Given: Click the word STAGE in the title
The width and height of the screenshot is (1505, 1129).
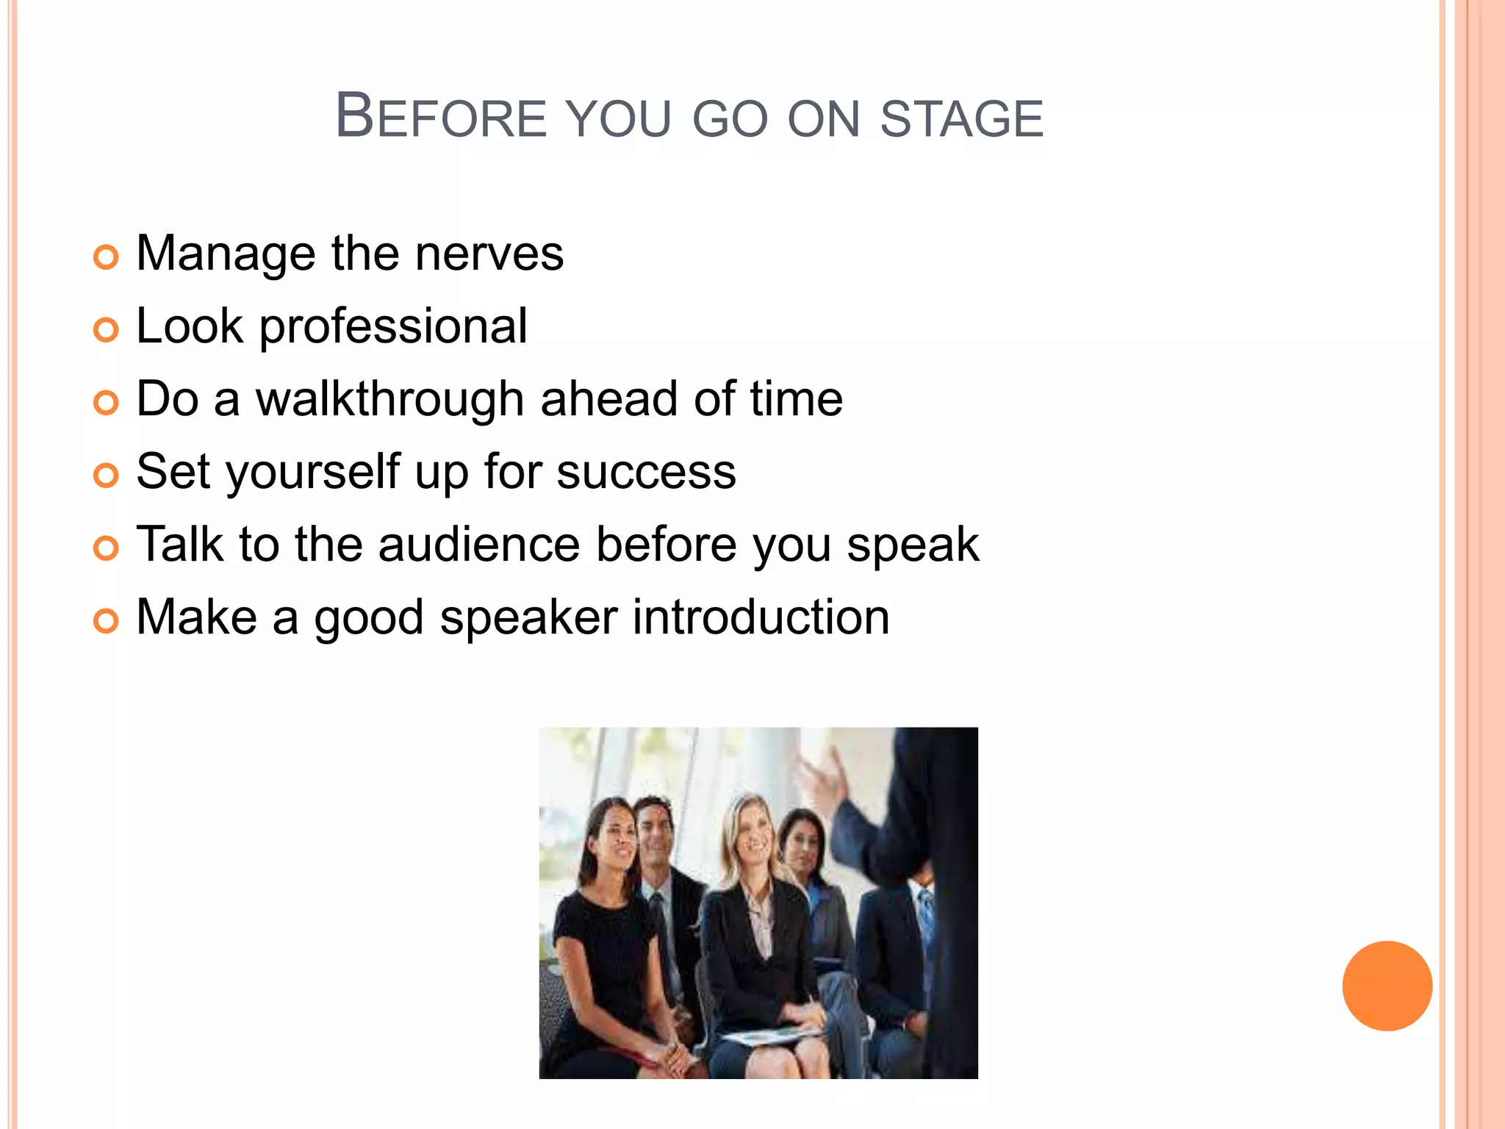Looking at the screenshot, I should tap(962, 119).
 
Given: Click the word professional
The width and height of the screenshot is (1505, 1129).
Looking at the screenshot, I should tap(393, 326).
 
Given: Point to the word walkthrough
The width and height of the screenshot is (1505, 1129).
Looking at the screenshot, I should tap(389, 399).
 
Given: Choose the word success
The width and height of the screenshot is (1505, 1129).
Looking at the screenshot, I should tap(646, 472).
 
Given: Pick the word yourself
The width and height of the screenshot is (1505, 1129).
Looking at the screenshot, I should tap(312, 472).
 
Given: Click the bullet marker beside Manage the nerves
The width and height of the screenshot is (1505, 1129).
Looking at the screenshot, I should tap(106, 257).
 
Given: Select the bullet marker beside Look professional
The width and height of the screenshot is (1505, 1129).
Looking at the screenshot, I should tap(106, 330).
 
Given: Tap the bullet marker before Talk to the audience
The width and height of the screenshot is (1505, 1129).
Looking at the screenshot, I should tap(106, 548).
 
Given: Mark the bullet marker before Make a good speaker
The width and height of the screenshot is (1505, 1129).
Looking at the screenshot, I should tap(106, 621).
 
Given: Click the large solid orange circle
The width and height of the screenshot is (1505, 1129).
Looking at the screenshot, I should tap(1387, 986).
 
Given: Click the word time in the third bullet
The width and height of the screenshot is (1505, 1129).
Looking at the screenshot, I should tap(796, 399).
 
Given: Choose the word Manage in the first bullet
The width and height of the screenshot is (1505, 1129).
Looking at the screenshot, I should tap(226, 254).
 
